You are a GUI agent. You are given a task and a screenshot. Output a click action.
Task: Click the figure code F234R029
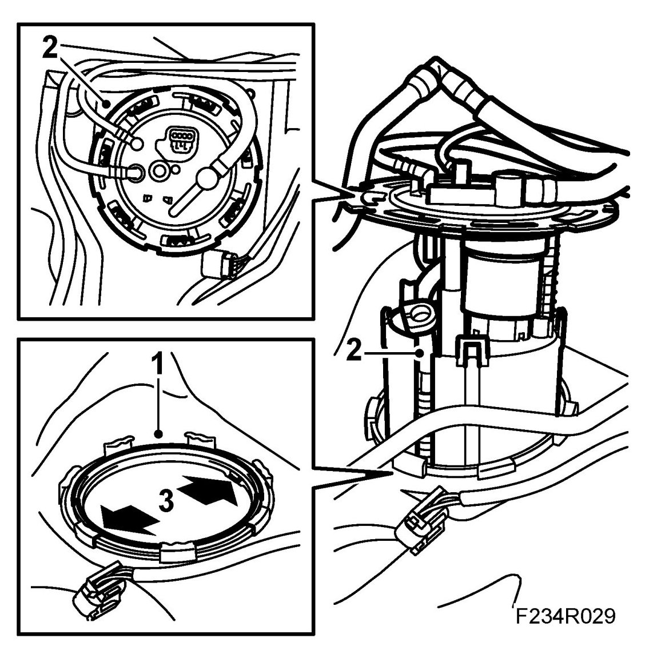tap(566, 616)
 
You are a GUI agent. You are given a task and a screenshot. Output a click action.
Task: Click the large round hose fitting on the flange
tap(207, 178)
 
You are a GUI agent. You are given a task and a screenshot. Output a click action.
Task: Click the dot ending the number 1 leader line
tap(157, 434)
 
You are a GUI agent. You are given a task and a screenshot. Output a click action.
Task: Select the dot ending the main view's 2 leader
tap(420, 352)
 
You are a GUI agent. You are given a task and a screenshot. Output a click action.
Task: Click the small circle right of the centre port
tap(177, 169)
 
